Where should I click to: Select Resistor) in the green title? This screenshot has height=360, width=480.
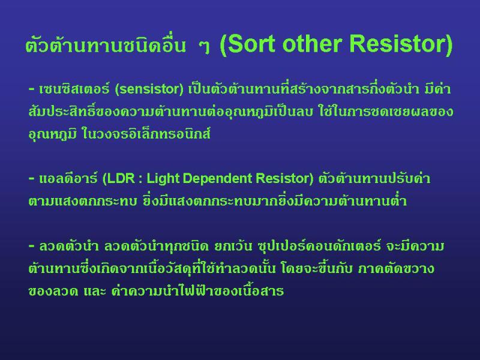coord(401,44)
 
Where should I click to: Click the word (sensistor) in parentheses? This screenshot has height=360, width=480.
coord(149,89)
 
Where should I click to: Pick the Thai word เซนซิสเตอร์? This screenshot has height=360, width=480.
coord(74,89)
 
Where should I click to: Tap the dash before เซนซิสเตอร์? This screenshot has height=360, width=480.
coord(32,89)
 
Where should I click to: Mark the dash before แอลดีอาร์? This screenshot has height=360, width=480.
coord(32,178)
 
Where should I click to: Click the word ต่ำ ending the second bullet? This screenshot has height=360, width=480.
coord(399,201)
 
